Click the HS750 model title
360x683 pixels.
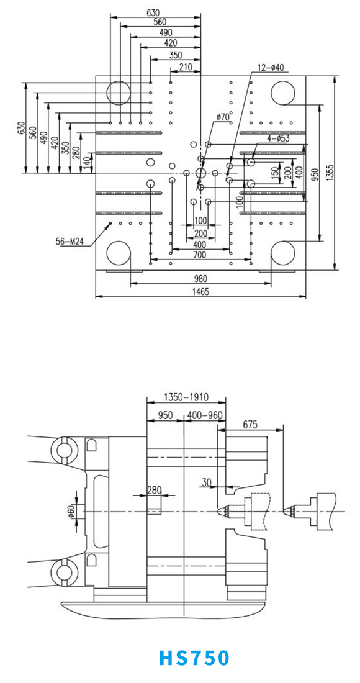pos(194,658)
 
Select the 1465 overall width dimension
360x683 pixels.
pos(200,292)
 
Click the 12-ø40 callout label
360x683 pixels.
pos(271,68)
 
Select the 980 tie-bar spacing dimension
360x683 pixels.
pos(200,278)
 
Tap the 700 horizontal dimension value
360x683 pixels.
pos(200,255)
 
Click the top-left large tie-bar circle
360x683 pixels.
pos(118,93)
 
